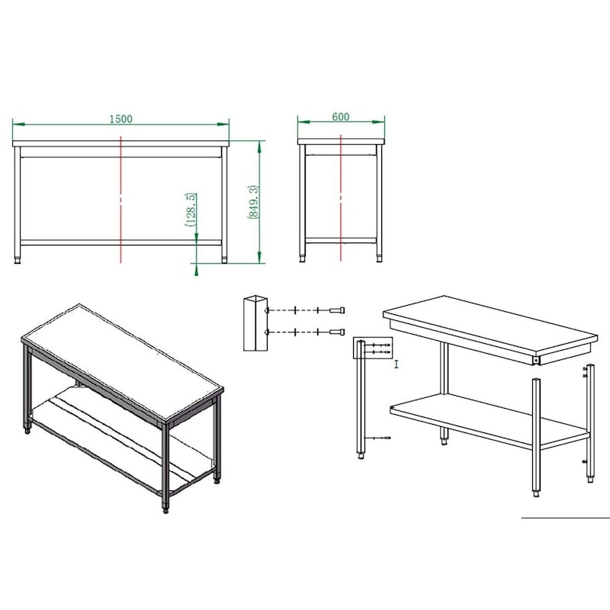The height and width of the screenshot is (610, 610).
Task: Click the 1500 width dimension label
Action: tap(120, 119)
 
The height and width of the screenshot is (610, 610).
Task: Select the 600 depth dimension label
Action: tap(340, 117)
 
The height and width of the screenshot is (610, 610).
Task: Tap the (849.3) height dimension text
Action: tap(253, 201)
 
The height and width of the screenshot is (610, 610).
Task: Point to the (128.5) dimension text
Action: tap(190, 209)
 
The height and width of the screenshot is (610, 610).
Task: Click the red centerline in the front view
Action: tap(121, 199)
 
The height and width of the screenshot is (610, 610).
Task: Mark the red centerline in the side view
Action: tap(341, 197)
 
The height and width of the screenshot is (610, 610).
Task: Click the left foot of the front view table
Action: tap(17, 259)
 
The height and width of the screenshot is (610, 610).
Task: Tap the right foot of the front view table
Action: tap(224, 259)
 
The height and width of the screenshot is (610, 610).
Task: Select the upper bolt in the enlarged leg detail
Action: tap(337, 310)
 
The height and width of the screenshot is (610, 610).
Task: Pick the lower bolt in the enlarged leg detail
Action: tap(337, 332)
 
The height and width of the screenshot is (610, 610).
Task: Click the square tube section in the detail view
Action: tap(255, 323)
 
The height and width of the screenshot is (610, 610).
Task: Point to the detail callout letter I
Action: tap(396, 364)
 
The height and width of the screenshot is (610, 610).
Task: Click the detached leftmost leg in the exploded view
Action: tap(361, 400)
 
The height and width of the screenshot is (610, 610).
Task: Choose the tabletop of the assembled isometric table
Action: tap(122, 362)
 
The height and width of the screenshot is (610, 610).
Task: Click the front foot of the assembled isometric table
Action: tap(165, 509)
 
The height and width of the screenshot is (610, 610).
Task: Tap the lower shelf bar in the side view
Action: tap(341, 241)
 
